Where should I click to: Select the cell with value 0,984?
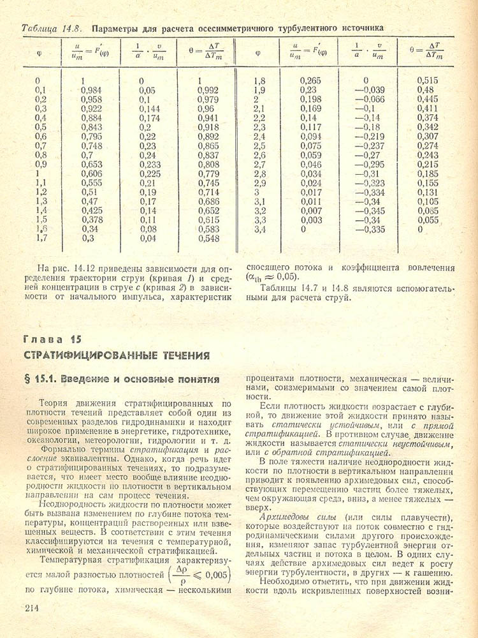point(91,91)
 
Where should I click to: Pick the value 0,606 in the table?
point(91,174)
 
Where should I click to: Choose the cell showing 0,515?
point(428,81)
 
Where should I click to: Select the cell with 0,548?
point(208,238)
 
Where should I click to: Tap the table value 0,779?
point(208,174)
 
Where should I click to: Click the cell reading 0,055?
point(429,219)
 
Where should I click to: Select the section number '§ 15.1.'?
point(43,379)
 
